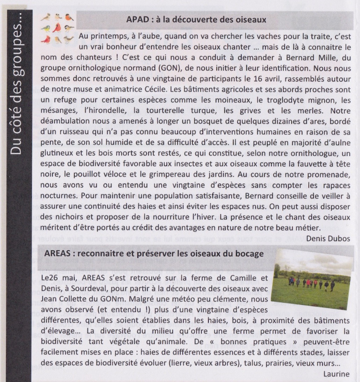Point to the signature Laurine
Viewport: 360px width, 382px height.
pyautogui.click(x=336, y=374)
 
